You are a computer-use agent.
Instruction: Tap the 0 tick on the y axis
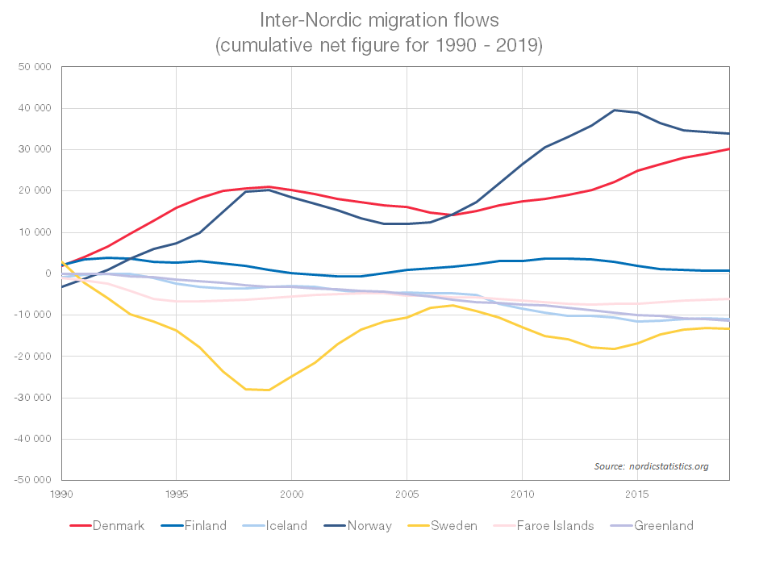click(48, 273)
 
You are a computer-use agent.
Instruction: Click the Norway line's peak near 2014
click(615, 110)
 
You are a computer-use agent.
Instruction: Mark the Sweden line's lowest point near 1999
click(268, 390)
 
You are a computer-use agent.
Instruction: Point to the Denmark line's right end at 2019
click(729, 148)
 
